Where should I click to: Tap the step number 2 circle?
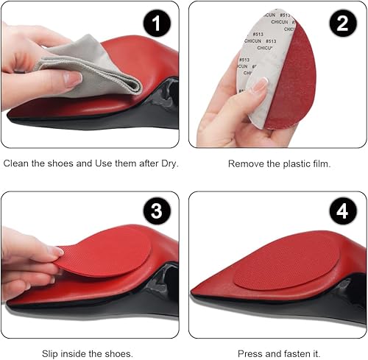[x=342, y=24]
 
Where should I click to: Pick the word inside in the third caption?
[x=82, y=353]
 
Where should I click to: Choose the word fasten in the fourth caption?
[x=291, y=353]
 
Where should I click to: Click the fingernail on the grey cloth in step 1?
[x=73, y=79]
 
